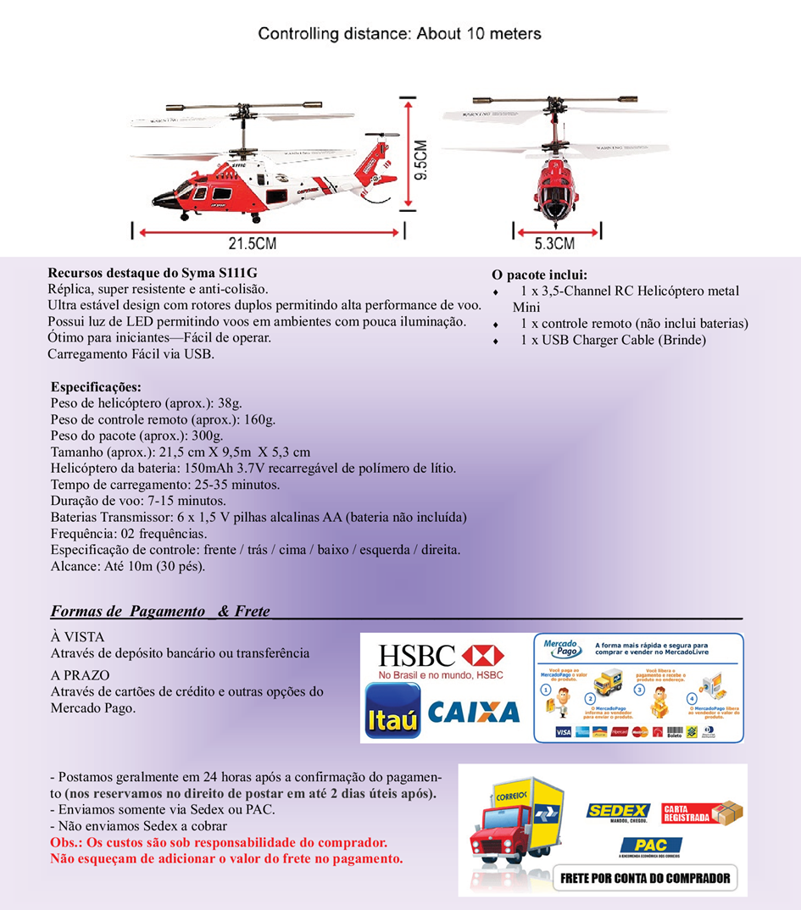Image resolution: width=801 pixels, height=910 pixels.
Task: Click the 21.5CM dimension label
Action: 252,244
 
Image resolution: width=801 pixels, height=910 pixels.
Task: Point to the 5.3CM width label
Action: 554,244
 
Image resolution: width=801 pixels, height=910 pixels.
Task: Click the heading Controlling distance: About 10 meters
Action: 399,34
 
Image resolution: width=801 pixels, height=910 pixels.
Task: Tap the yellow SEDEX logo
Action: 618,812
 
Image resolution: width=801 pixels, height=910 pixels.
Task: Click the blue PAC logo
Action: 650,845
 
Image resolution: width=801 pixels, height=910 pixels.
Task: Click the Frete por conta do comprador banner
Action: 645,878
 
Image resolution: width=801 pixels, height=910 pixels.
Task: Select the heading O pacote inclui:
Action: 539,275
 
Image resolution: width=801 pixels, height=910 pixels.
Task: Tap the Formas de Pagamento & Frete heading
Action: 160,611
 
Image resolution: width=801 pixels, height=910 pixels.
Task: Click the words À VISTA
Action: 78,637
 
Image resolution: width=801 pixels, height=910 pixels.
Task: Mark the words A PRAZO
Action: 81,675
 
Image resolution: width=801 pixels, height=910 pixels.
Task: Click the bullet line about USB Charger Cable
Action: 613,340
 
